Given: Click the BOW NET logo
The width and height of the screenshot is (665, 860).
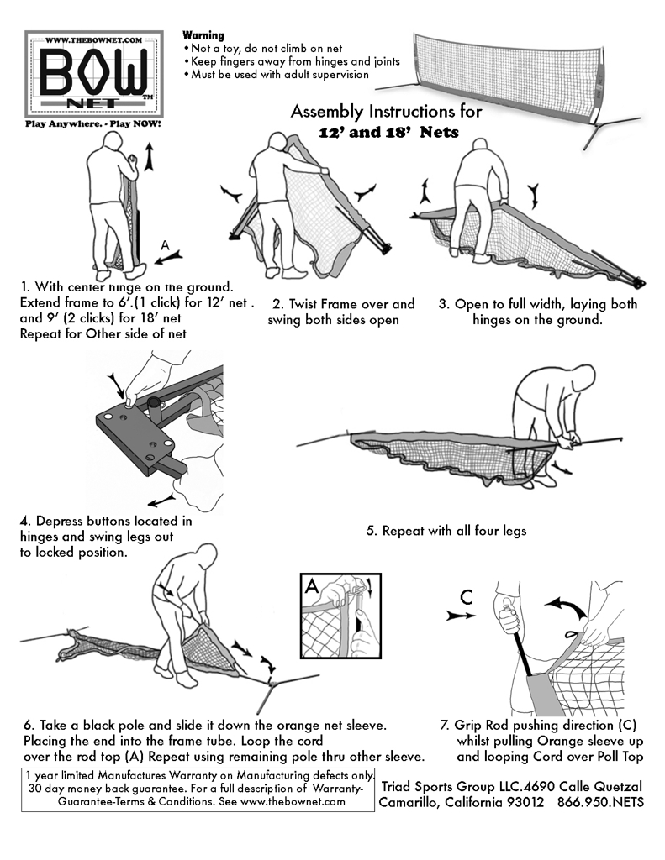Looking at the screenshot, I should tap(93, 74).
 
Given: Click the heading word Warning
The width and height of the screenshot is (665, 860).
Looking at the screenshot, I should tap(203, 36).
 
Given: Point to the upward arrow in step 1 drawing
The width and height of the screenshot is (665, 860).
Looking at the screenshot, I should tap(150, 156).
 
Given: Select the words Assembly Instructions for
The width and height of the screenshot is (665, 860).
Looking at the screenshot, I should tap(386, 112).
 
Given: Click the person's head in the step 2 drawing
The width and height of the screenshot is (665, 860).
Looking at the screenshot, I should tap(274, 142).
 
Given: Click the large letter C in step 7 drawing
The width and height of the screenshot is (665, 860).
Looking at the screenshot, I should tap(466, 599).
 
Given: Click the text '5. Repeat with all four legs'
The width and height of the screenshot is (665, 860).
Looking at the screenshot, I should tap(446, 531).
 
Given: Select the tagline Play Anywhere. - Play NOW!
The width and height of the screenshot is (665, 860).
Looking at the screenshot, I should tap(93, 123).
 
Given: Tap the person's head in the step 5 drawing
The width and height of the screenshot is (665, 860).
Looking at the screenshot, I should tap(536, 377).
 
